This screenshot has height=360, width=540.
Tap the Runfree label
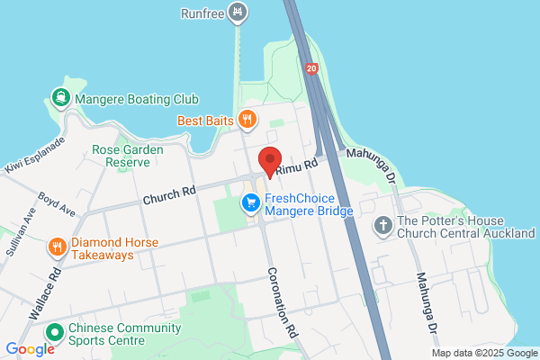point(202,13)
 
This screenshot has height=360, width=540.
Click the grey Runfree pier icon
point(238,12)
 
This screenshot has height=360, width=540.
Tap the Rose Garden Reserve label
point(126,156)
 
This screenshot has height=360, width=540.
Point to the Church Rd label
point(168,192)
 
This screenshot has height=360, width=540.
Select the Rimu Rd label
point(298,166)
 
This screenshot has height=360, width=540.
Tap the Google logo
point(30,348)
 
